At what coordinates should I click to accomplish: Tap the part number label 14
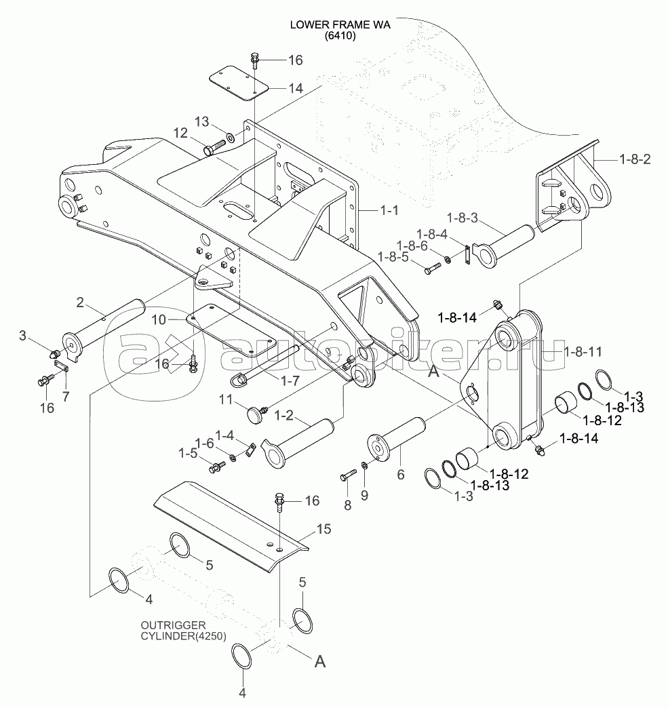[296, 88]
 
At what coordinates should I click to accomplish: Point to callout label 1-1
[389, 210]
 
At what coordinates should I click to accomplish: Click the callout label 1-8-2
[635, 159]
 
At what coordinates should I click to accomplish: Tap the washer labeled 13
[230, 136]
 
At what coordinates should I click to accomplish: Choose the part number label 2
[80, 302]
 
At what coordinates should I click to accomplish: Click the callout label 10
[159, 319]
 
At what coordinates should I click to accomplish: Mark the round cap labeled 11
[256, 413]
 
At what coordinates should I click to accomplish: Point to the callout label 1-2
[283, 415]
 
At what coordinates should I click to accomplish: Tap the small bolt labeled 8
[348, 475]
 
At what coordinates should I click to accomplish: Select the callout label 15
[324, 529]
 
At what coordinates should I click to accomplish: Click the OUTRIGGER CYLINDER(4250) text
[183, 630]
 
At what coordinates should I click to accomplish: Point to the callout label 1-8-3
[462, 218]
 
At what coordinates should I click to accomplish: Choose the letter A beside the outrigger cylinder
[320, 661]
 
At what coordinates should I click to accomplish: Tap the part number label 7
[66, 397]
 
